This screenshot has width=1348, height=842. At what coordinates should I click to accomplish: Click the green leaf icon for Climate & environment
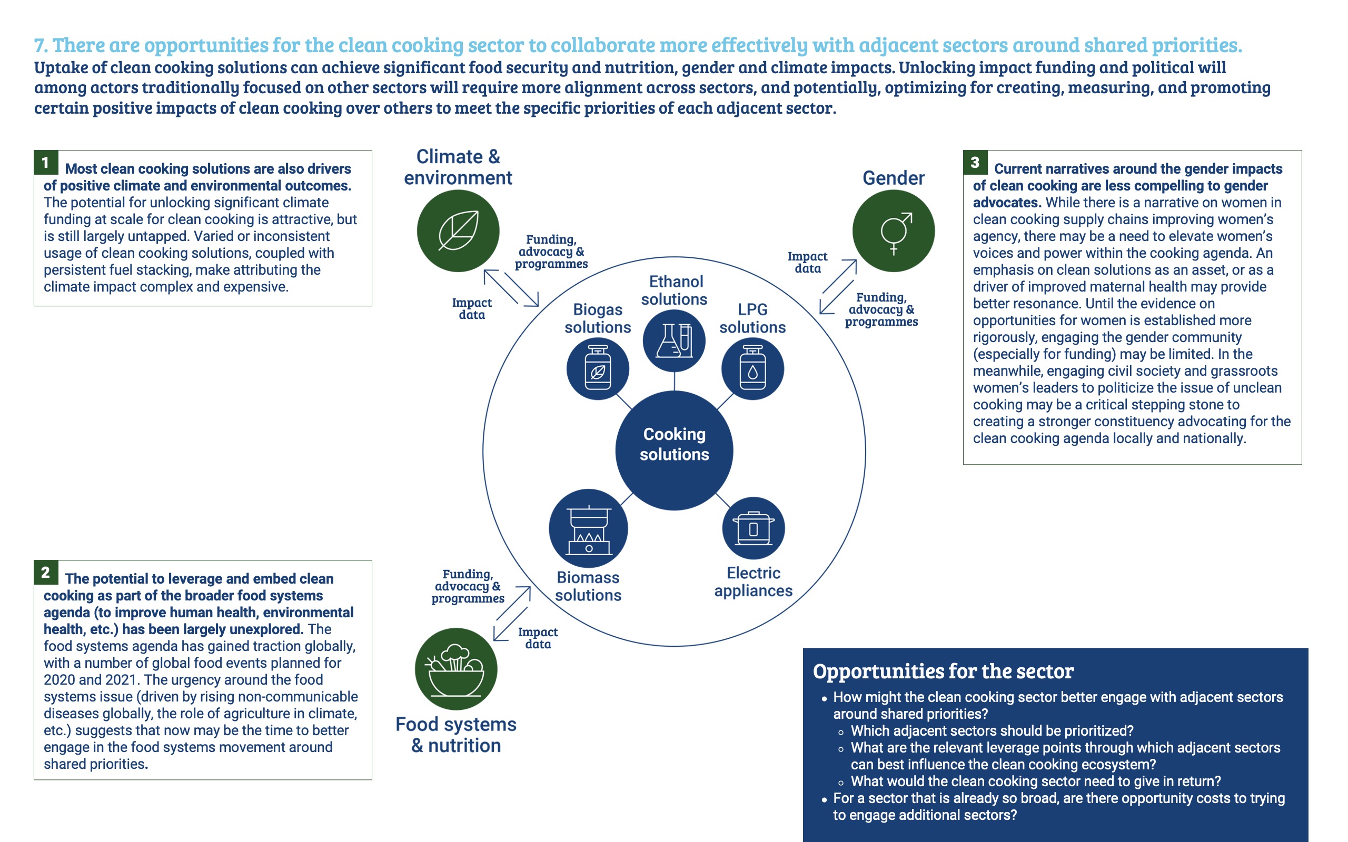click(458, 230)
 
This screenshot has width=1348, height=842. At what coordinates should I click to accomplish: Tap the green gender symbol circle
click(894, 230)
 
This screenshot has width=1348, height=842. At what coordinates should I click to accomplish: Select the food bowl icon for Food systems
click(456, 669)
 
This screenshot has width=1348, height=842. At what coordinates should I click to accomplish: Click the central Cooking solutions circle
click(674, 450)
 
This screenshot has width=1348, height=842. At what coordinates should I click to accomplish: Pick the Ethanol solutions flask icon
click(674, 340)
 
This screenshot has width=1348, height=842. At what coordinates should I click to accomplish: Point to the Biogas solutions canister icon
click(598, 369)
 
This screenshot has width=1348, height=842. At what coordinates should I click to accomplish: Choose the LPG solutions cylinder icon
click(752, 369)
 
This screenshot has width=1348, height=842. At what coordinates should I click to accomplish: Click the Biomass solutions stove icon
click(588, 528)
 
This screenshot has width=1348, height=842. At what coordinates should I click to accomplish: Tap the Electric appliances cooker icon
click(753, 528)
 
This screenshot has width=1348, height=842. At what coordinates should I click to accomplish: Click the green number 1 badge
click(46, 162)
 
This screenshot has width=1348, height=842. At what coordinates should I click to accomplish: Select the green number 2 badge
click(46, 572)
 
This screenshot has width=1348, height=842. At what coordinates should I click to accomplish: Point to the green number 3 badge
click(975, 162)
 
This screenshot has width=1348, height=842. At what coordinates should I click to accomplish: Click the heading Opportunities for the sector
click(943, 671)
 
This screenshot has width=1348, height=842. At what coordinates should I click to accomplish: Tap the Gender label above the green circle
click(894, 178)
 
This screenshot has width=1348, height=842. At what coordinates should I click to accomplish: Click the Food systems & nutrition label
click(456, 735)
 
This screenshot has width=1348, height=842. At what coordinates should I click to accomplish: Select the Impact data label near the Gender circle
click(807, 262)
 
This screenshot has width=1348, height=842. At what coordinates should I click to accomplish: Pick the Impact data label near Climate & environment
click(472, 308)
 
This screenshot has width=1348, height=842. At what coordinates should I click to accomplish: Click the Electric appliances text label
click(753, 582)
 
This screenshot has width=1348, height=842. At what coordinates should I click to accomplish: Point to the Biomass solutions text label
click(588, 586)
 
